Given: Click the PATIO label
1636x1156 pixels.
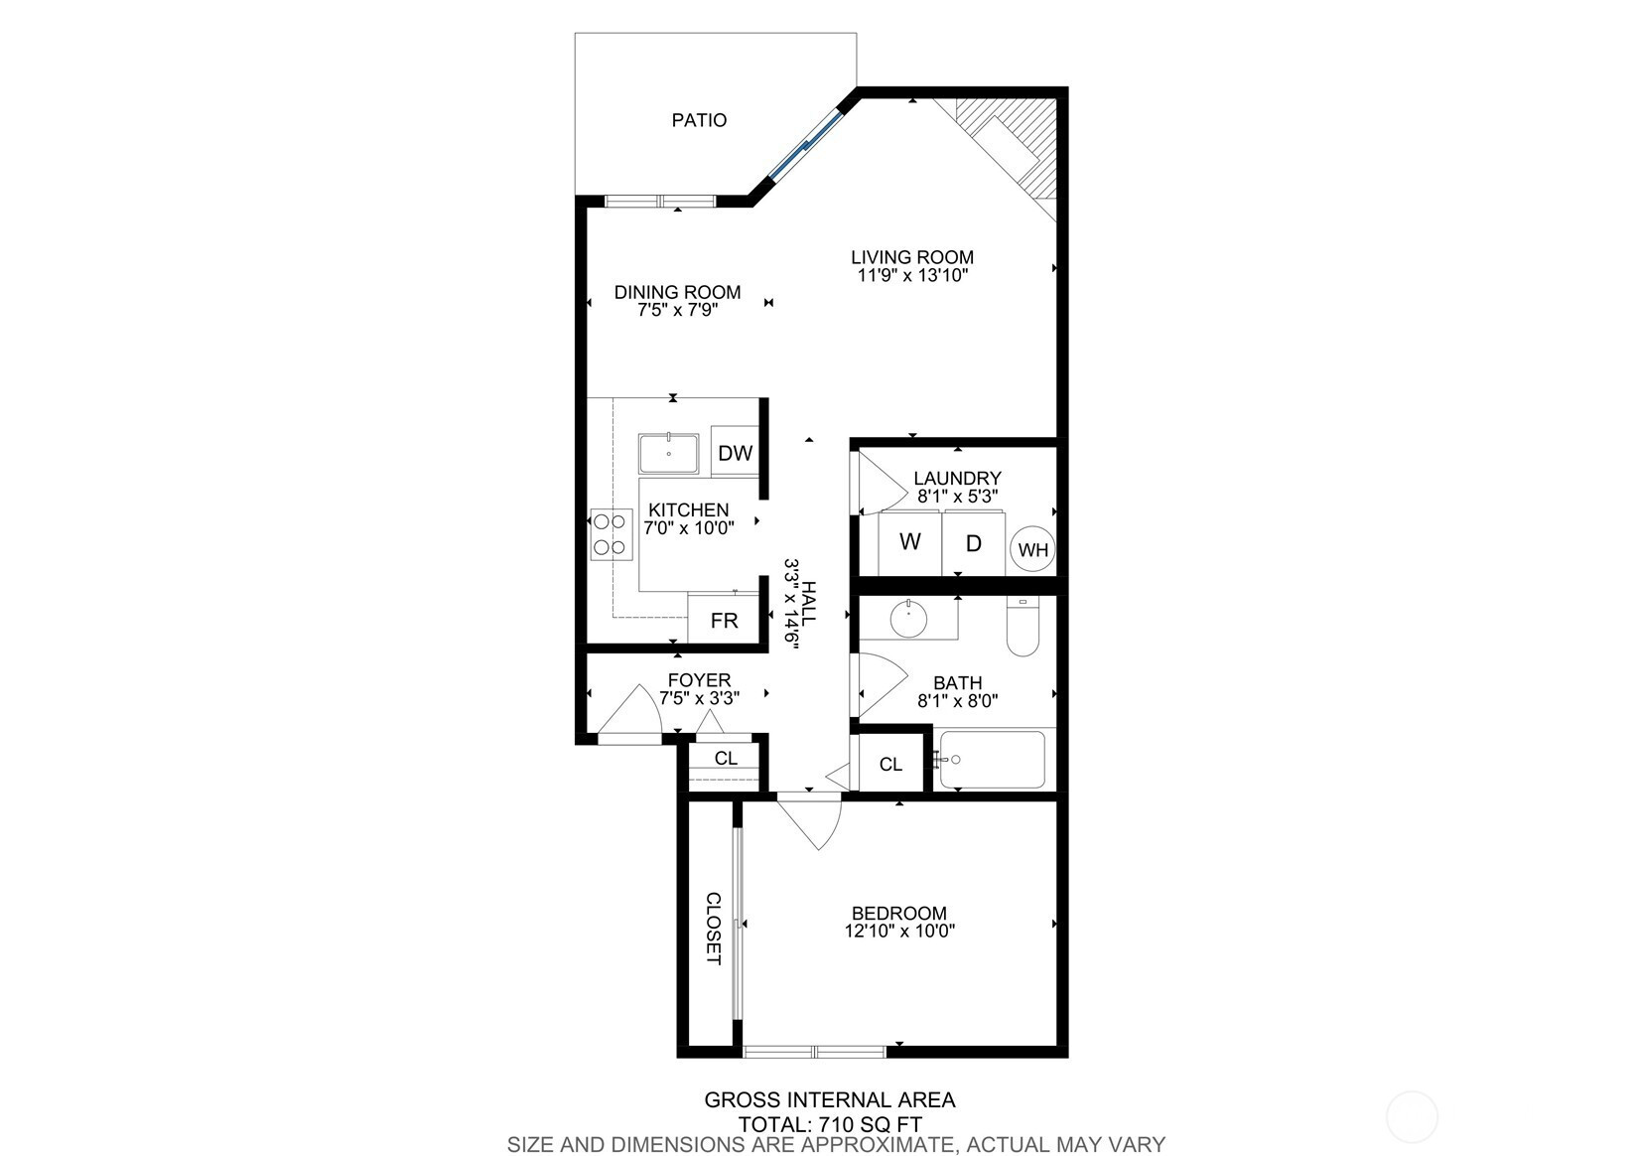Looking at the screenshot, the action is (699, 120).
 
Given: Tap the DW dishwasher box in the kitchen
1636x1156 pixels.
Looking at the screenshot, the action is (735, 452).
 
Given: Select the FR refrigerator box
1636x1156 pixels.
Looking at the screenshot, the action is (723, 620).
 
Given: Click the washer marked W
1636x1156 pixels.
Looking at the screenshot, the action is (910, 543).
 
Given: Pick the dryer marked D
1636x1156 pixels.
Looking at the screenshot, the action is (974, 543).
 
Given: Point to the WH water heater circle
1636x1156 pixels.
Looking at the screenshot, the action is (1032, 549).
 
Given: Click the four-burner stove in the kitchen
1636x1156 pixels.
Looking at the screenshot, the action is (612, 534).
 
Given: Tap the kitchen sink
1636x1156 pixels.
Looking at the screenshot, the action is (668, 454).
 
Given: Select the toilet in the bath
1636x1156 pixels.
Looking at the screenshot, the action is (1022, 627).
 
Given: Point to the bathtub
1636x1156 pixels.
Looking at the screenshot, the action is (992, 760).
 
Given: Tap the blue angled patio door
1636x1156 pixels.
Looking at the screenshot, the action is (806, 145).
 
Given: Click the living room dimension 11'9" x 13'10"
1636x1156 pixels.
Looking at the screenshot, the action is (912, 275).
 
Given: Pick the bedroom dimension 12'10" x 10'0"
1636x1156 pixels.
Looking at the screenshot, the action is (899, 931).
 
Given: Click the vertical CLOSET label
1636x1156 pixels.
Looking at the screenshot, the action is (714, 928).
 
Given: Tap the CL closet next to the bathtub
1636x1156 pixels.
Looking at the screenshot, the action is (891, 763).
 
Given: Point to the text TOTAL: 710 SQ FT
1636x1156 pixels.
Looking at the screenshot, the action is (830, 1124).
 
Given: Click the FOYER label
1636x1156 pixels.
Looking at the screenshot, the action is (699, 680).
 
